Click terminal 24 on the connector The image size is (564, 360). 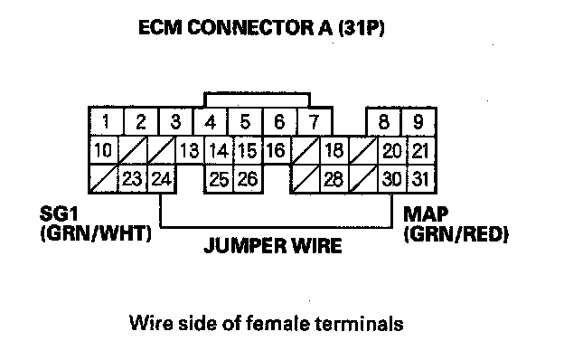(162, 179)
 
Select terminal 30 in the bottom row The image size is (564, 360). (392, 179)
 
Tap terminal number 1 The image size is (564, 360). (106, 122)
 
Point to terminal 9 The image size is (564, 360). (418, 122)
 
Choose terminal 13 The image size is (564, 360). (190, 150)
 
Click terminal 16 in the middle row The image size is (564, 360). (277, 150)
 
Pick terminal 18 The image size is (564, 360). (334, 150)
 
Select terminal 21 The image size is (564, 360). (421, 150)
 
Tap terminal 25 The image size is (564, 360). (219, 179)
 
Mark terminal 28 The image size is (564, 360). (334, 179)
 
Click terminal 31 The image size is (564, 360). (421, 179)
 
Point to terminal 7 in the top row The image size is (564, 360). (315, 122)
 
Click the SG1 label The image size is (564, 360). (59, 213)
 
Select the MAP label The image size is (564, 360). (426, 214)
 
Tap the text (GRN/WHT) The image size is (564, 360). (96, 233)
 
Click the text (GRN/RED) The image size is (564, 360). (456, 234)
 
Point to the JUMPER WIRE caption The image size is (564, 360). (273, 246)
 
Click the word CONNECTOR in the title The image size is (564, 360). (250, 28)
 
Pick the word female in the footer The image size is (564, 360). (278, 323)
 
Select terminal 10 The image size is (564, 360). (103, 150)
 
